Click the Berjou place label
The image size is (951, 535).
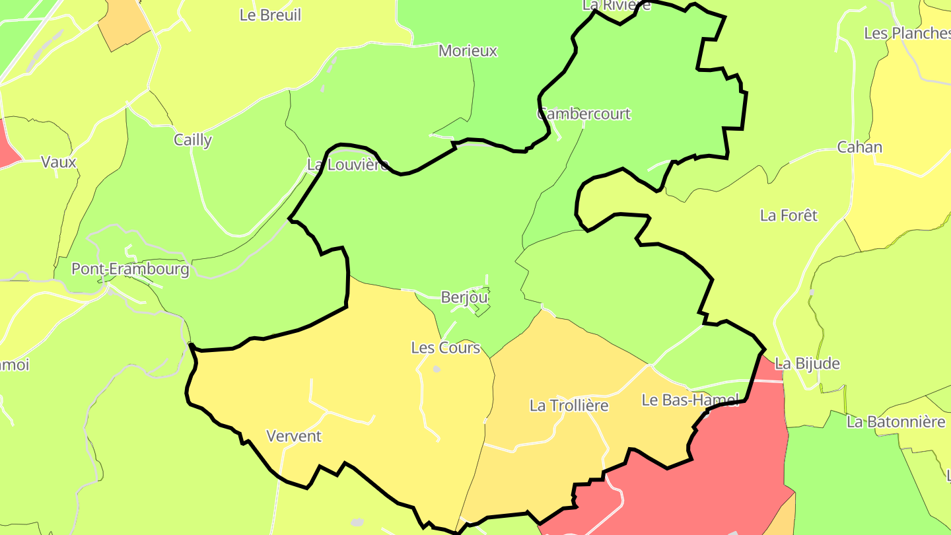coord(464,298)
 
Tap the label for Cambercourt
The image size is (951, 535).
coord(584,114)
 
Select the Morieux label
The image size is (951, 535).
coord(468,51)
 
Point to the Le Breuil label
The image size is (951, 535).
coord(270,15)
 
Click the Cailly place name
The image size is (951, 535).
coord(193,140)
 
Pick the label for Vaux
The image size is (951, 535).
coord(59,162)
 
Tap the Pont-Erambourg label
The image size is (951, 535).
coord(130,269)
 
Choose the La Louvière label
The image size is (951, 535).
coord(347,164)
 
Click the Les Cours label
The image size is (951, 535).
coord(445,347)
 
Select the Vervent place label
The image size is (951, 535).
coord(294,436)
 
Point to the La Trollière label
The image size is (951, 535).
coord(569,406)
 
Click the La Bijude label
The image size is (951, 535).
coord(807,363)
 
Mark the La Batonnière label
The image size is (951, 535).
coord(896,421)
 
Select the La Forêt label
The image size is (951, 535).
coord(789,215)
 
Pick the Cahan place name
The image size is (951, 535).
coord(859,147)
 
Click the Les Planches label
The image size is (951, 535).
coord(907,33)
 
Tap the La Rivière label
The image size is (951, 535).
coord(616,5)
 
